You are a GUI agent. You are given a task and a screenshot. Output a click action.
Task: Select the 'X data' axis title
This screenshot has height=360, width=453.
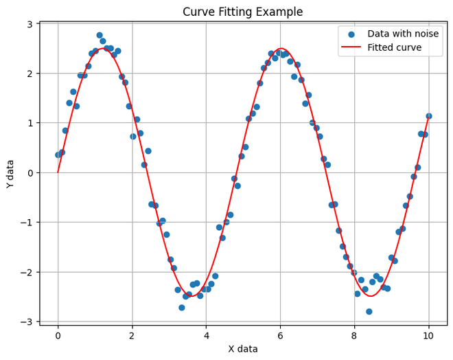pyautogui.click(x=243, y=349)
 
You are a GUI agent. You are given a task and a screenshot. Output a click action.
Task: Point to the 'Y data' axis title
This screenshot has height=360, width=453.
pyautogui.click(x=10, y=173)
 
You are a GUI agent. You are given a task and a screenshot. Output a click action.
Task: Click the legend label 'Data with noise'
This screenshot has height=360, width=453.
pyautogui.click(x=403, y=34)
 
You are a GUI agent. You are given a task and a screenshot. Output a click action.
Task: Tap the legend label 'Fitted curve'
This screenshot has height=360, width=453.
pyautogui.click(x=394, y=48)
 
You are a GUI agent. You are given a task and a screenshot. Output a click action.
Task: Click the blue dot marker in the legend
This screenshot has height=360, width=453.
pyautogui.click(x=351, y=34)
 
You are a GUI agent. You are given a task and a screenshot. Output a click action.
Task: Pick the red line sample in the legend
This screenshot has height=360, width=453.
pyautogui.click(x=351, y=48)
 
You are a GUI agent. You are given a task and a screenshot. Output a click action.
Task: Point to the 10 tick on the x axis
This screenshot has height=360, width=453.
pyautogui.click(x=428, y=336)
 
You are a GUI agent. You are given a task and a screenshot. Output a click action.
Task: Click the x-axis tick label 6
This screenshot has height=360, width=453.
pyautogui.click(x=280, y=336)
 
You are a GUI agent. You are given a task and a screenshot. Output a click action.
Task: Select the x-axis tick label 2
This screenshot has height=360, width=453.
pyautogui.click(x=132, y=336)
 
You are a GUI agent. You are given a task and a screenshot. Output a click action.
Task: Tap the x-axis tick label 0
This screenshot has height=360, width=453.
pyautogui.click(x=58, y=336)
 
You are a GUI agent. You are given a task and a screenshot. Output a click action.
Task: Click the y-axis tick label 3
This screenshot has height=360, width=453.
pyautogui.click(x=30, y=24)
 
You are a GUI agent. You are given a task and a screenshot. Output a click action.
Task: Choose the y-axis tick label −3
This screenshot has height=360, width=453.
pyautogui.click(x=27, y=322)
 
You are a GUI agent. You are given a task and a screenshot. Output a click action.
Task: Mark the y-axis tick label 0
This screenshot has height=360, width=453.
pyautogui.click(x=30, y=172)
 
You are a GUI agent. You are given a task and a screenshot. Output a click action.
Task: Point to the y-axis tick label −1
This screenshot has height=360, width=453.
pyautogui.click(x=27, y=222)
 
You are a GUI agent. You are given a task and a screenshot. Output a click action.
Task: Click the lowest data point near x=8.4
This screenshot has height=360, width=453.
pyautogui.click(x=369, y=311)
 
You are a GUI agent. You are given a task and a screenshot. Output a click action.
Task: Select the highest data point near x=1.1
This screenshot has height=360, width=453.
pyautogui.click(x=100, y=35)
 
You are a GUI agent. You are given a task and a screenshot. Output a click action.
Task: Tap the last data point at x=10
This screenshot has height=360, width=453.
pyautogui.click(x=428, y=116)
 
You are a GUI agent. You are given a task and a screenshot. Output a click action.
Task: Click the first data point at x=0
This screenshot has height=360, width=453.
pyautogui.click(x=58, y=155)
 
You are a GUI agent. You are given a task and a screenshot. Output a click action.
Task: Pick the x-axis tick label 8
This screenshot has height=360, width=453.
pyautogui.click(x=354, y=336)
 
